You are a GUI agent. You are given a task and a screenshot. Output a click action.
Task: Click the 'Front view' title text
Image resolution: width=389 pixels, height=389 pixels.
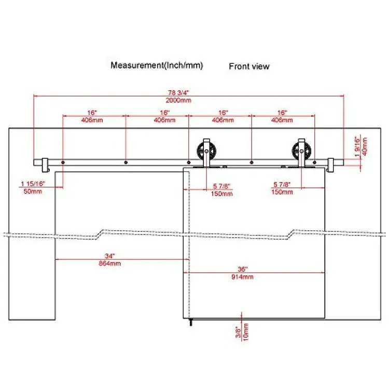tap(249, 66)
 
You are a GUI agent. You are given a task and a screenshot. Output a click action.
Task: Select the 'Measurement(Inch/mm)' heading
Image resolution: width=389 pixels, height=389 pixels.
tap(157, 65)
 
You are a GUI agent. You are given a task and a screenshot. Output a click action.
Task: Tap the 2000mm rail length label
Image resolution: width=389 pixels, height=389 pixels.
tap(178, 100)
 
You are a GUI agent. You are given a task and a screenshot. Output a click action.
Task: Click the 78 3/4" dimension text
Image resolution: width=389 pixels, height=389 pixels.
tap(178, 92)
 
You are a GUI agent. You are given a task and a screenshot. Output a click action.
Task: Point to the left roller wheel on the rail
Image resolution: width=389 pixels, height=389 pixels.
tap(206, 150)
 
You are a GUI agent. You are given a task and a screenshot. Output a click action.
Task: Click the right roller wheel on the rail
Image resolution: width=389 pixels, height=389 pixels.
tap(301, 150)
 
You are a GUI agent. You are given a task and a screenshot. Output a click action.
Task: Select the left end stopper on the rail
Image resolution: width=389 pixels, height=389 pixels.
tap(46, 165)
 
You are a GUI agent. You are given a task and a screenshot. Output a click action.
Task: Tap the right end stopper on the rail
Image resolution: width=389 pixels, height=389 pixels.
tap(331, 165)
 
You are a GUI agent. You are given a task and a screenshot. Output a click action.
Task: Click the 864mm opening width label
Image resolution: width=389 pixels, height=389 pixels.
tap(110, 263)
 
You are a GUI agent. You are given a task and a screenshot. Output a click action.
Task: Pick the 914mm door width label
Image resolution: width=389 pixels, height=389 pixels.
tap(242, 276)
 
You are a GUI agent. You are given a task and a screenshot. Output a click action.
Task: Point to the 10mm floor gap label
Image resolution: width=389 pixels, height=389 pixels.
tap(246, 332)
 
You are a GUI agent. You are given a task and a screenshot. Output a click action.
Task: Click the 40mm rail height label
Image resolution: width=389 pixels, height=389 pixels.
tap(365, 146)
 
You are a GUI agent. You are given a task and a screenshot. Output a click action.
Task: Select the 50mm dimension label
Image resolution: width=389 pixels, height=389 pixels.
tap(33, 191)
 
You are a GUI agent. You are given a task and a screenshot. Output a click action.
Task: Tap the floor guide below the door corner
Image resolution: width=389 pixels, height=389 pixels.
tap(190, 322)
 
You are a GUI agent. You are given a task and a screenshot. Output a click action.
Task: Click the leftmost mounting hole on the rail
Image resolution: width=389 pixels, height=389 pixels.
tap(63, 162)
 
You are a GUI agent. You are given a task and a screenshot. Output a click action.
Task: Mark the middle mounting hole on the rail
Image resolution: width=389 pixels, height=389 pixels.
tap(189, 162)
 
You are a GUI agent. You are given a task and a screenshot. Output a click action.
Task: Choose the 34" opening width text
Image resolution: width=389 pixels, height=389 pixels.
tap(109, 256)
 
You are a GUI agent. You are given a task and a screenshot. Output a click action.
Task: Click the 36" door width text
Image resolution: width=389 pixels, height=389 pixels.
tap(242, 269)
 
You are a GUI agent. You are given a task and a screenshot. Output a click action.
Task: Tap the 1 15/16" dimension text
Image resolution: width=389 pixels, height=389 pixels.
tap(33, 184)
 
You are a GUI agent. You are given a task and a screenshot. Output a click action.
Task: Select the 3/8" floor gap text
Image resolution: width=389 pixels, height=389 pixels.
tap(238, 332)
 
